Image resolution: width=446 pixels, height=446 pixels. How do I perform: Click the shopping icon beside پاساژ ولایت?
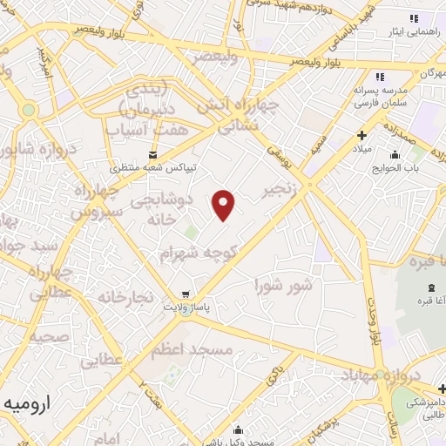tap(184, 294)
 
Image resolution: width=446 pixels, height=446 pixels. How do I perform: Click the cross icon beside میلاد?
tap(362, 136)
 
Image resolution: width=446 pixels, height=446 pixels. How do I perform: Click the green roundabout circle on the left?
tap(29, 110)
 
